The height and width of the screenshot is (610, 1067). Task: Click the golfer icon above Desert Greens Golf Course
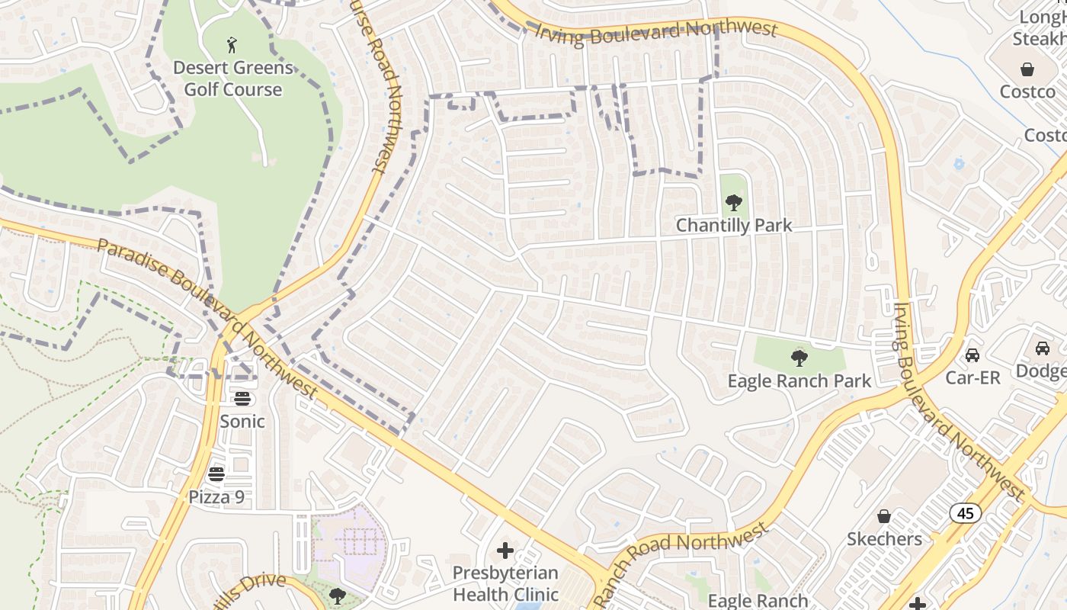(x=232, y=45)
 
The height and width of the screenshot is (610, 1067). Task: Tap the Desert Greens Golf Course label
(x=232, y=79)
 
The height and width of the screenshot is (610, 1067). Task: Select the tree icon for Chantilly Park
(x=734, y=203)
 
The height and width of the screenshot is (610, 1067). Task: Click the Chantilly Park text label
(x=734, y=226)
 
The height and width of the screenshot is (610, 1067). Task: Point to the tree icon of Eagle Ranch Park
(x=799, y=358)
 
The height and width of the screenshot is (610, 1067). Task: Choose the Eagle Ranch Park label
(x=799, y=381)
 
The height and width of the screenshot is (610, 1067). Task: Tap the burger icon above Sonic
(x=242, y=398)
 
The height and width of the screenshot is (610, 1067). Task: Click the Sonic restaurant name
(x=242, y=421)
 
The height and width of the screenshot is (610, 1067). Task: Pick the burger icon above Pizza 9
(x=217, y=474)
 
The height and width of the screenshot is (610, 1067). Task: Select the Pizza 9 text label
(x=217, y=497)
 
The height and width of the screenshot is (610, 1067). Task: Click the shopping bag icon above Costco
(x=1027, y=69)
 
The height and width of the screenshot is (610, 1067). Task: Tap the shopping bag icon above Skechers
(x=884, y=516)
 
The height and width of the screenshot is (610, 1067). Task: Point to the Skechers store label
(x=884, y=539)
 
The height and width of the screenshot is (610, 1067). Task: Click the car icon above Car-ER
(x=972, y=355)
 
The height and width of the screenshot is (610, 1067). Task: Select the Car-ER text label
(x=972, y=377)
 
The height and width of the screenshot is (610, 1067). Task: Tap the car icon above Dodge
(x=1042, y=348)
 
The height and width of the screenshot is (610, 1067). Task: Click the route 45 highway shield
(x=966, y=513)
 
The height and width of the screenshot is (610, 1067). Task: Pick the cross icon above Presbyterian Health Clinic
(x=505, y=550)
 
